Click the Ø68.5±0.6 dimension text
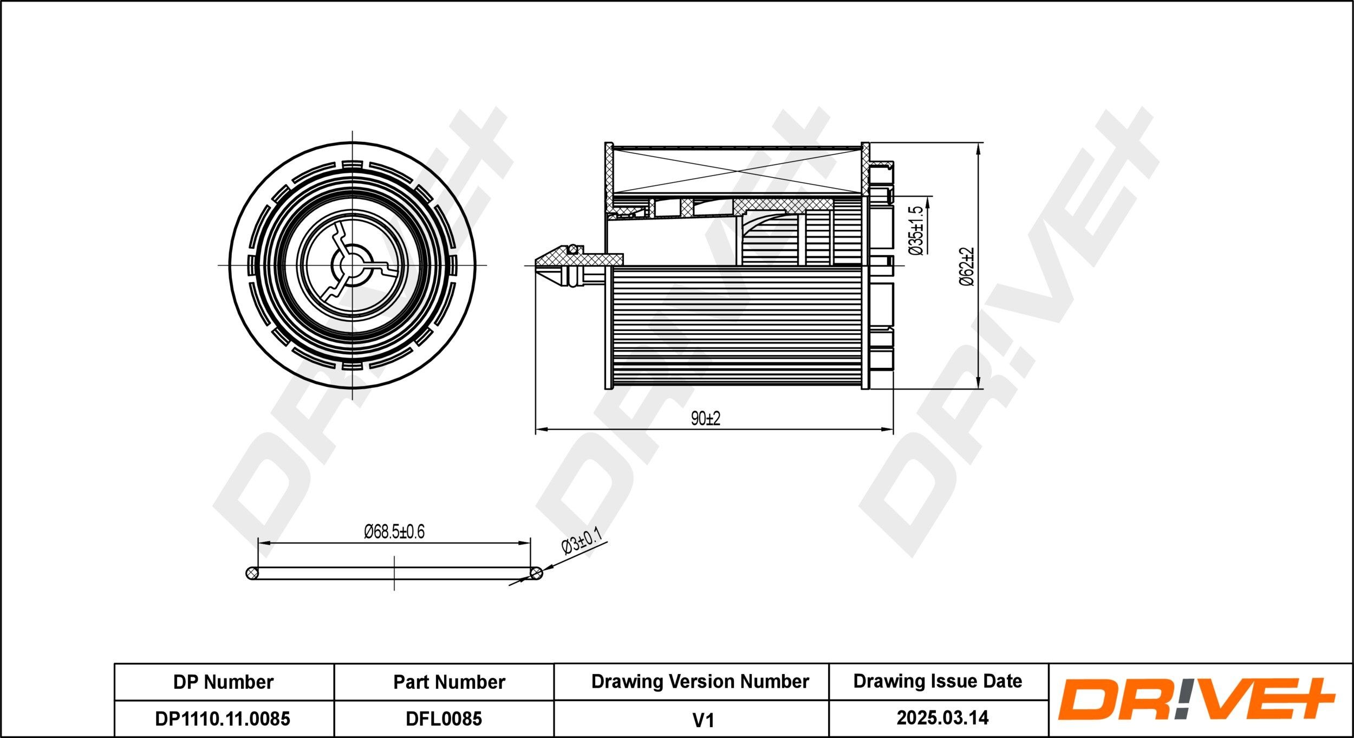[394, 532]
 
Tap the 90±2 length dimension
[706, 418]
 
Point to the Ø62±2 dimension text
[967, 266]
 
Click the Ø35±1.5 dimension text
[915, 230]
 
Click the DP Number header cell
[223, 682]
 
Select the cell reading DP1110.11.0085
[223, 718]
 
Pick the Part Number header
[449, 682]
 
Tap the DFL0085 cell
[444, 718]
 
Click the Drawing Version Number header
[700, 681]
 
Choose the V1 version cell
[703, 720]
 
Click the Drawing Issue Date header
[938, 681]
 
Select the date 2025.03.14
[942, 718]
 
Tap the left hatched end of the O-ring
[252, 573]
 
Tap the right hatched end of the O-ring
[536, 573]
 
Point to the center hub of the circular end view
[353, 265]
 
